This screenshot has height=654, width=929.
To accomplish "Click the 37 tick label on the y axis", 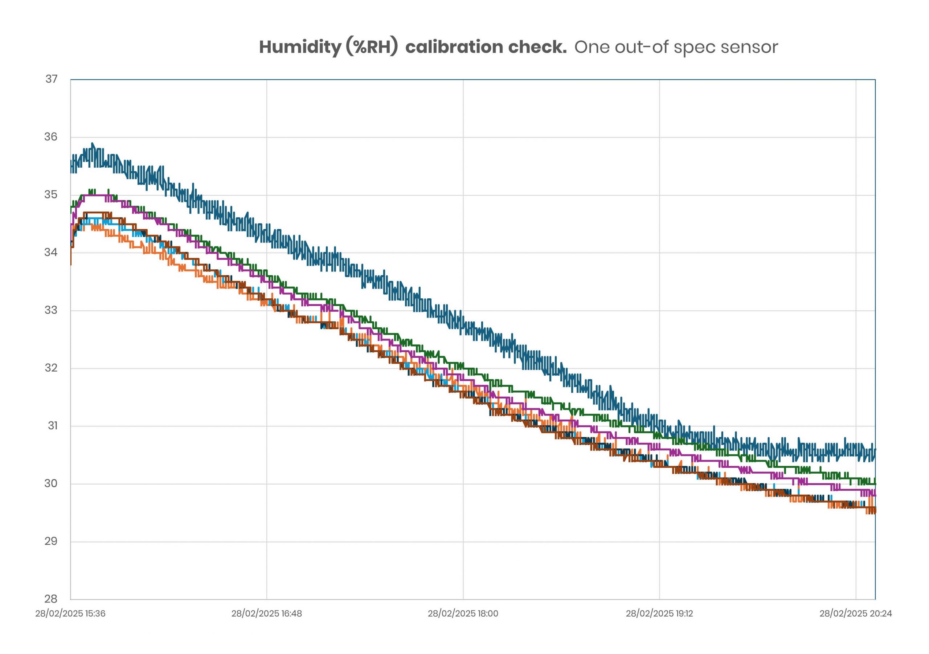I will (52, 79).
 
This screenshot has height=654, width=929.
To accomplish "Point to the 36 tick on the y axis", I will (51, 137).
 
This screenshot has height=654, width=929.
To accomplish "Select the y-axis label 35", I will (51, 195).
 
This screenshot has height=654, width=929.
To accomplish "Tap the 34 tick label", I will (51, 253).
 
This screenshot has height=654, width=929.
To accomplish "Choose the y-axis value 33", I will (51, 310).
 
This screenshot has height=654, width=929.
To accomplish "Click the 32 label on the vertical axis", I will (51, 368).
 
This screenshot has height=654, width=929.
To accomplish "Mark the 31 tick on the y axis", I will (53, 426).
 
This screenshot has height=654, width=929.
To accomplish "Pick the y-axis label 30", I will (51, 484).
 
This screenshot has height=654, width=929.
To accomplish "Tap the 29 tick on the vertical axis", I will (51, 541).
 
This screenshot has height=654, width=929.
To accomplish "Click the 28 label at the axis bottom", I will (51, 599).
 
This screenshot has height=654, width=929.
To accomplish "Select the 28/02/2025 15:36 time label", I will (70, 613).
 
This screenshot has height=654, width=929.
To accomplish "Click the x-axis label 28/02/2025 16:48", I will (266, 613).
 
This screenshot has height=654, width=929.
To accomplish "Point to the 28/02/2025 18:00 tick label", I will (463, 613).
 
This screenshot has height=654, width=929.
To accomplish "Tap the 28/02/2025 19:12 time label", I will (659, 613).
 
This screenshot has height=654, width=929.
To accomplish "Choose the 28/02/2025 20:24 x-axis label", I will (855, 613).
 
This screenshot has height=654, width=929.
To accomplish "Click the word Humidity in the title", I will (300, 47).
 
